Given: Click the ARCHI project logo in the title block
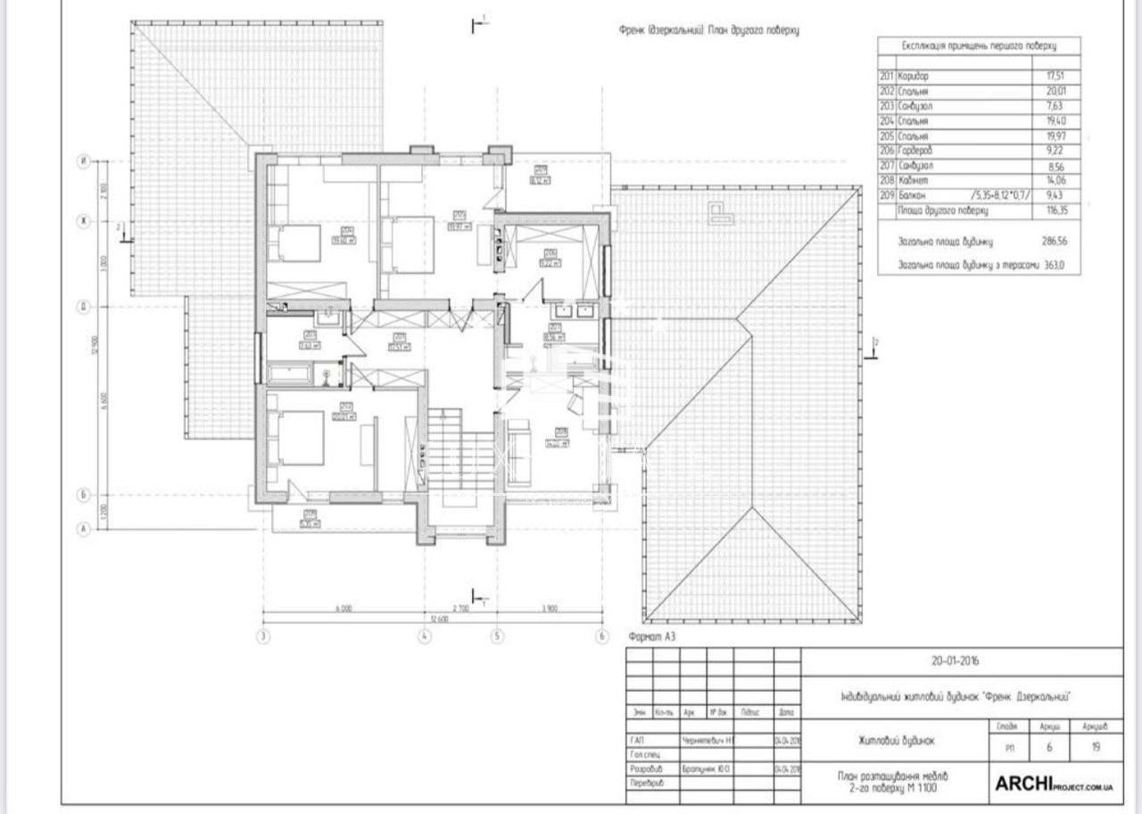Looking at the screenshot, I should (x=1053, y=784).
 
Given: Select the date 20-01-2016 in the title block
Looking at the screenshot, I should (x=954, y=662).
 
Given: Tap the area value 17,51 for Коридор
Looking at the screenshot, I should (x=1056, y=77).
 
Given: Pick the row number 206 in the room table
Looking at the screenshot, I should (x=886, y=151).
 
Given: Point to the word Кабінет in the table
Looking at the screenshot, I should (x=914, y=180).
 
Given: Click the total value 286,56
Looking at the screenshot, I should (x=1055, y=241).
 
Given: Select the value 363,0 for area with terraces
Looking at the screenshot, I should (x=1055, y=265).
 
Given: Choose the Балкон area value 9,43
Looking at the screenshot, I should (x=1056, y=195).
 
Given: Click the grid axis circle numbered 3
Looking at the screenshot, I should (x=263, y=637).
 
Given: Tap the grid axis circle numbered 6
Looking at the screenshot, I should (x=602, y=637).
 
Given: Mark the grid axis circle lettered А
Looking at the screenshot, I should (x=85, y=529).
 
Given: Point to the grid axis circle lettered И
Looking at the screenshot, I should (x=84, y=161).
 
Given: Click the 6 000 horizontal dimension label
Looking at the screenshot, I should (x=343, y=609).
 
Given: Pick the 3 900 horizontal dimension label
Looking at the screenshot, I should (x=549, y=609).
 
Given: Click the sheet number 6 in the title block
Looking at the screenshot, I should (x=1049, y=748).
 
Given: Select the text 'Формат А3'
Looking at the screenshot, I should (x=653, y=637).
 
